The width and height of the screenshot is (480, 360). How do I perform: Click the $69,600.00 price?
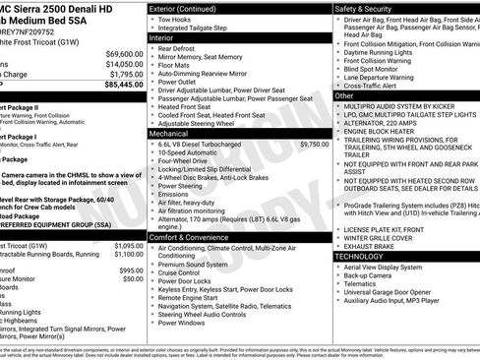coord(125,53)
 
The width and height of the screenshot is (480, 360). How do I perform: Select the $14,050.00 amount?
coord(125,63)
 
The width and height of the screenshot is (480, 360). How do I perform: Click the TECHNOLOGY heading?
coord(360,256)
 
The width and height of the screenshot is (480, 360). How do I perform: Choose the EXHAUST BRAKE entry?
coord(371,245)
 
